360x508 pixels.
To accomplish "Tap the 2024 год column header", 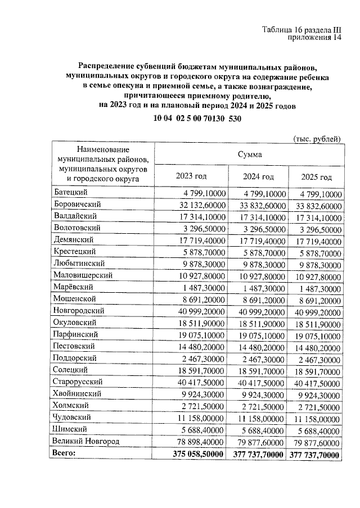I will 258,176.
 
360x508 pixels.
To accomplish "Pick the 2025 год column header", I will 316,177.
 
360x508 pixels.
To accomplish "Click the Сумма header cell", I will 249,153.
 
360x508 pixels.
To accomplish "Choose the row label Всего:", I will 64,452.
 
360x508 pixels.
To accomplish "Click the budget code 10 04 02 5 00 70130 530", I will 197,118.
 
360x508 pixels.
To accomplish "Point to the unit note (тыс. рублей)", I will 317,137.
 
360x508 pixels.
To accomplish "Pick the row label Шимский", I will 69,429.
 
